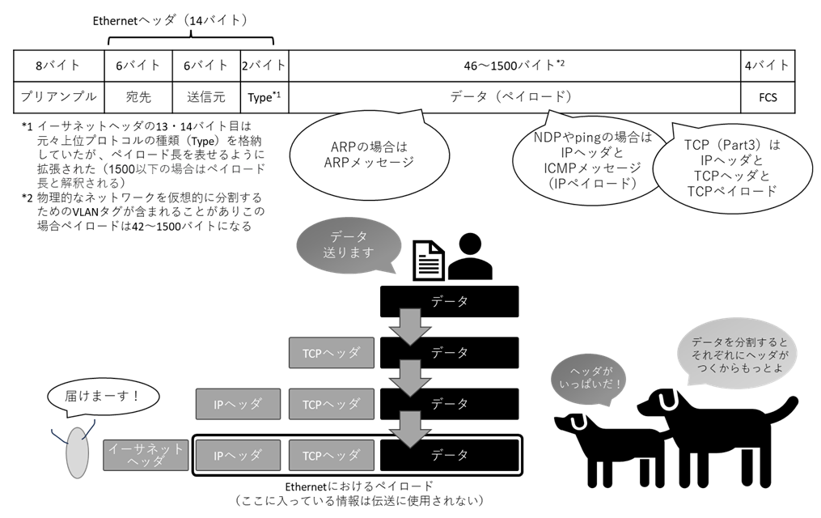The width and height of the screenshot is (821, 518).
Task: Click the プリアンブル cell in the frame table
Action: (59, 96)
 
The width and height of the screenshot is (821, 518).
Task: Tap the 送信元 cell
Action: (206, 96)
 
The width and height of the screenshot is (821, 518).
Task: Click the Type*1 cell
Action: (264, 97)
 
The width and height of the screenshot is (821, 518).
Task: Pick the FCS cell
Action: (766, 97)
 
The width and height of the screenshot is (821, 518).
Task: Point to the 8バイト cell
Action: (59, 65)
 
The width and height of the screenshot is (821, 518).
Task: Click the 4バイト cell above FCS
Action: (766, 65)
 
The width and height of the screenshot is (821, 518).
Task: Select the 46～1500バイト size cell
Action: (514, 65)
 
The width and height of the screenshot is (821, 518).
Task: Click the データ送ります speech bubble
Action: (349, 244)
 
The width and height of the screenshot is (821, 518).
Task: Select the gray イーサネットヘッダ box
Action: (146, 455)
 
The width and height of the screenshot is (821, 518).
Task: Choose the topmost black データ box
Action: (449, 301)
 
